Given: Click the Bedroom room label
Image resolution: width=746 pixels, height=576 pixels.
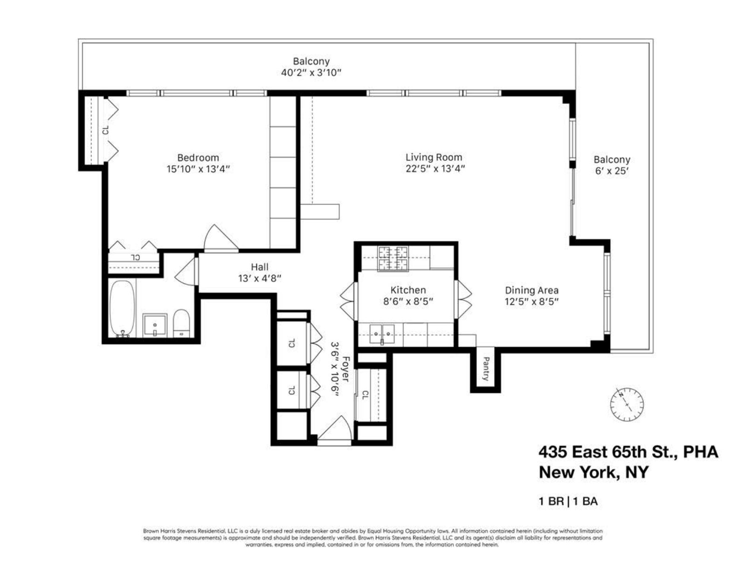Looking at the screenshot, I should tap(198, 158).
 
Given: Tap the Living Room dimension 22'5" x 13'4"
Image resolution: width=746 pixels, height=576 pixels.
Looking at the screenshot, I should tap(435, 169).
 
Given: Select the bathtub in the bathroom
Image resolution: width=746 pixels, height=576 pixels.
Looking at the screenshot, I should tap(122, 308).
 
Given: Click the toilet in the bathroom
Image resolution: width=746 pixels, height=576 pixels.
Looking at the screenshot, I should tap(181, 323).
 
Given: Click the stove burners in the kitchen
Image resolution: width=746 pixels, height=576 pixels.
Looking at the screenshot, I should tap(393, 259).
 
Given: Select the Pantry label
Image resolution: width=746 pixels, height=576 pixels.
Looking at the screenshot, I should tap(485, 369).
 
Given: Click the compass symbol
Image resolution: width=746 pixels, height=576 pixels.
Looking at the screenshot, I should tap(627, 404).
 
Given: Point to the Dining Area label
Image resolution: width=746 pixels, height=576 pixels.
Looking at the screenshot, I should tap(532, 290).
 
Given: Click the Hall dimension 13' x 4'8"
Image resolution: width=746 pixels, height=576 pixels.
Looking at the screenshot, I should tap(259, 279).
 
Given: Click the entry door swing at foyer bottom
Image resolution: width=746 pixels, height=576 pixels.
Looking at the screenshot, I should tap(335, 428).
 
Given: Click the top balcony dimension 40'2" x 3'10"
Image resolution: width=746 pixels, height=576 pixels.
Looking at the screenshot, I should tap(311, 73).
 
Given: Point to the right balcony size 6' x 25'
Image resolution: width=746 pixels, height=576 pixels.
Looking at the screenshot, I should tap(612, 171).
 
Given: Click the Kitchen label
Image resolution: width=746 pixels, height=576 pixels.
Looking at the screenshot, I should tap(408, 290).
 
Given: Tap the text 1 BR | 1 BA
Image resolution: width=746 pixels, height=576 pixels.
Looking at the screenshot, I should tap(568, 502).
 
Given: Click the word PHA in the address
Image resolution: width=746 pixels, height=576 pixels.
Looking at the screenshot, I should tap(700, 452).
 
